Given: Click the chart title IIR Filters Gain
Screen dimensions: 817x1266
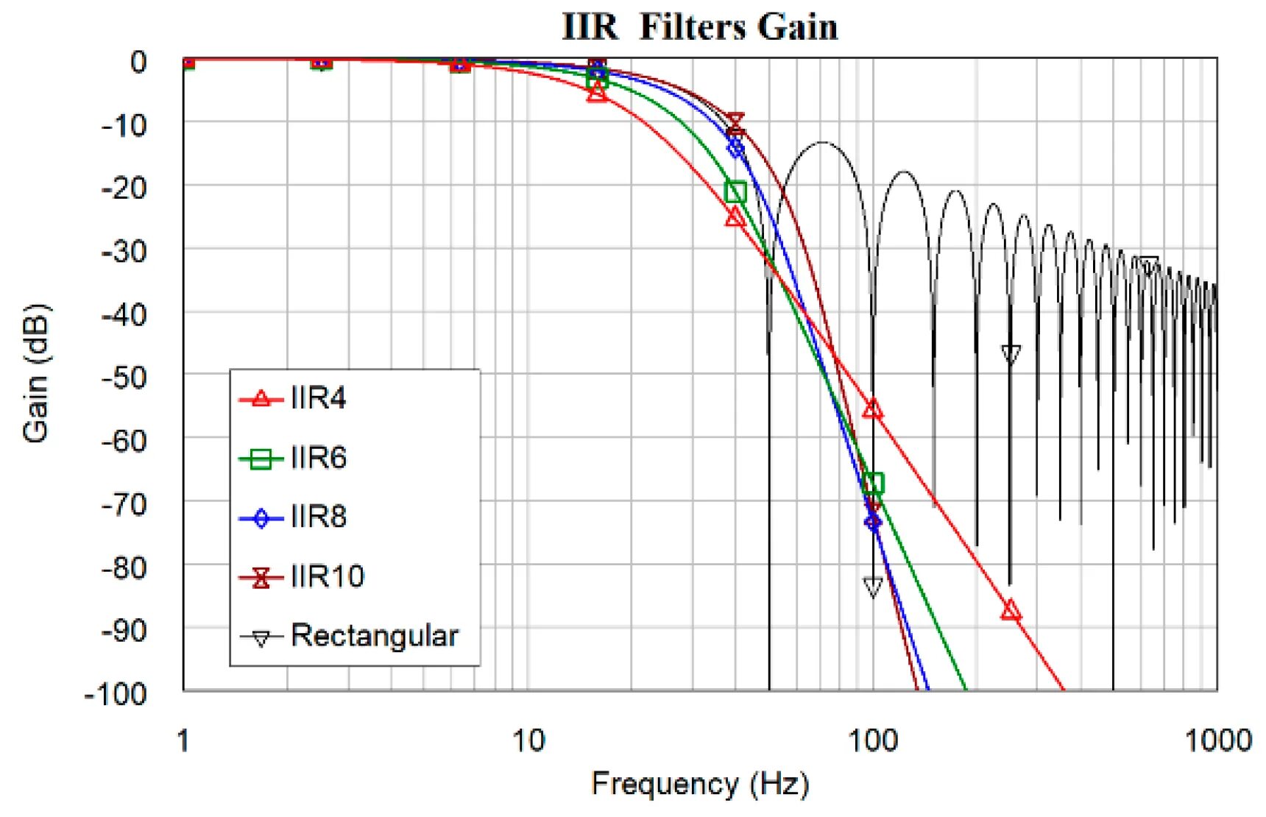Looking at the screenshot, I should click(x=699, y=26).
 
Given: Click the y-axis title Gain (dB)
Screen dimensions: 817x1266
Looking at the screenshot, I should click(x=35, y=373).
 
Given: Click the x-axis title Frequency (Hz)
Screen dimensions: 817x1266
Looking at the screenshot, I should click(x=699, y=784).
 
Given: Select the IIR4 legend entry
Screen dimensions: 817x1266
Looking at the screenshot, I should click(x=318, y=399).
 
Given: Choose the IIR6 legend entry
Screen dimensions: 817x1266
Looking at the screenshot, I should click(x=318, y=459).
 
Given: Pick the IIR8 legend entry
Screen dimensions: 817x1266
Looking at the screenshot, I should click(x=318, y=517).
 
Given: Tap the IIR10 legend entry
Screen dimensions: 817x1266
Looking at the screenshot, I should click(x=327, y=576).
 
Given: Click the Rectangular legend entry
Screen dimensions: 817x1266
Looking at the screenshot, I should click(x=374, y=636).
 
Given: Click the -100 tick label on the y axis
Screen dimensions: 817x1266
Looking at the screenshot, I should click(x=116, y=693).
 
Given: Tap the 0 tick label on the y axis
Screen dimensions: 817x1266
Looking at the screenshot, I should click(x=138, y=62).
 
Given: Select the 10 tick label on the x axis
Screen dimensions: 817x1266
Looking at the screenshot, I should click(x=528, y=740).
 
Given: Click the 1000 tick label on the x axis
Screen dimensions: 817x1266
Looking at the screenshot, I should click(x=1217, y=740).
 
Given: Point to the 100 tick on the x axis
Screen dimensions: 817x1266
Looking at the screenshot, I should click(x=873, y=740).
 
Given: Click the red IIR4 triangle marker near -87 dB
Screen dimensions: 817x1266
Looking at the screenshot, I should click(x=1011, y=611).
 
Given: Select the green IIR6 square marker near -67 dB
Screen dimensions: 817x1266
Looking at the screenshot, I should click(x=873, y=484).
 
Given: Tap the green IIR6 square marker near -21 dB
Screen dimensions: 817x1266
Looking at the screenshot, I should click(x=735, y=193).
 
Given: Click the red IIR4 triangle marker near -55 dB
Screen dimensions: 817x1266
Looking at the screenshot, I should click(x=873, y=409).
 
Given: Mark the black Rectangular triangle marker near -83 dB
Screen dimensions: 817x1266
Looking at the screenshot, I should click(x=873, y=587).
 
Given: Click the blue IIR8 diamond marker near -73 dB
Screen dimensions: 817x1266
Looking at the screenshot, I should click(x=873, y=522).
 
